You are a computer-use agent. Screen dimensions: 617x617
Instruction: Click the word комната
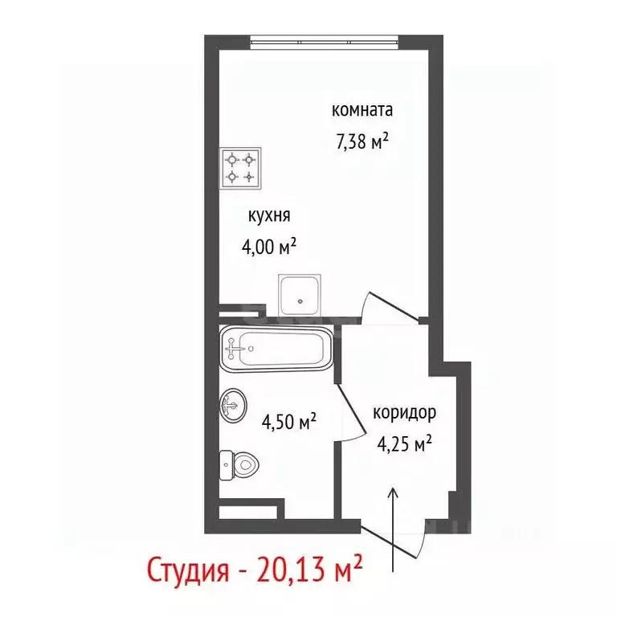(x=363, y=110)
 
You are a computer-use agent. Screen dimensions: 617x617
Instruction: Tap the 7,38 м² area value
(x=362, y=142)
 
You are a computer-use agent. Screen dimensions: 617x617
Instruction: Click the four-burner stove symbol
(x=240, y=166)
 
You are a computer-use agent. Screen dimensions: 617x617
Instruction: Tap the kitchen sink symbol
(x=301, y=295)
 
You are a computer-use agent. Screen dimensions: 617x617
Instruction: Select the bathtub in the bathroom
(x=275, y=348)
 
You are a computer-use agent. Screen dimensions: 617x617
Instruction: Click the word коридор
(x=404, y=414)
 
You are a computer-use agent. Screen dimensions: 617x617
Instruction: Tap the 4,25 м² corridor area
(x=405, y=443)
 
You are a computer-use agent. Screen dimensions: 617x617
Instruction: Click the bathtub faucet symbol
(x=234, y=348)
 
